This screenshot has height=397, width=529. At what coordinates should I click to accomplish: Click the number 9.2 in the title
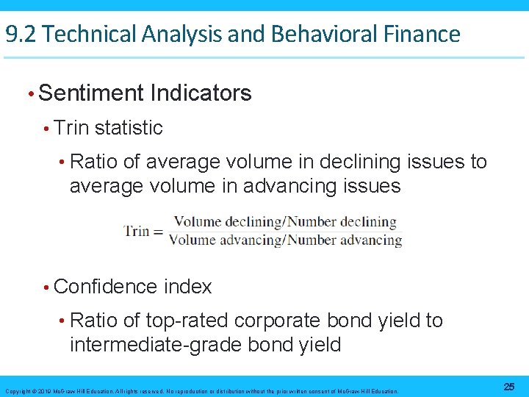coord(20,34)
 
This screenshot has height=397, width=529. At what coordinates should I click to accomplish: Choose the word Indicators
coord(201,93)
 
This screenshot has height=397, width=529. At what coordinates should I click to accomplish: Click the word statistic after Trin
coord(129,128)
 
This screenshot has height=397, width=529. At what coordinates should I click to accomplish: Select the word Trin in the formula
coord(137,231)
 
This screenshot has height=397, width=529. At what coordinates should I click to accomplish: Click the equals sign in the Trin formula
coord(158,231)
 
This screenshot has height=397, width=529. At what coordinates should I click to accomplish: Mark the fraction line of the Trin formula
coord(286,231)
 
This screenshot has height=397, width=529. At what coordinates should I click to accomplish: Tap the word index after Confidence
coord(188,287)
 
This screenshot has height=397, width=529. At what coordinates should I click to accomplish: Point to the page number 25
coord(509,387)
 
